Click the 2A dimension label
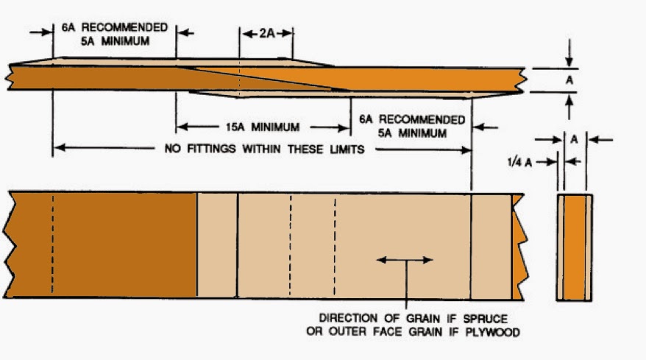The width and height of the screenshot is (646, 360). click(x=266, y=33)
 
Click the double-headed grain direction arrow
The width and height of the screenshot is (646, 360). click(x=404, y=259)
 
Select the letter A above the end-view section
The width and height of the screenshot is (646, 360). click(x=574, y=138)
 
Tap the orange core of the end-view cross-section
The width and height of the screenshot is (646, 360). click(x=574, y=247)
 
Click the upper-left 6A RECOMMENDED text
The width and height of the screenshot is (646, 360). click(x=114, y=27)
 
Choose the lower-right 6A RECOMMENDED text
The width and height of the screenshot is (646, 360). click(x=411, y=119)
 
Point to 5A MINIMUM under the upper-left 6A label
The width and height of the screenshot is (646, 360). click(x=115, y=41)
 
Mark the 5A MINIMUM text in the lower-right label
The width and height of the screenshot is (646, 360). click(x=411, y=133)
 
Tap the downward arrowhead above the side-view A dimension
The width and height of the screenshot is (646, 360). click(x=569, y=63)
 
